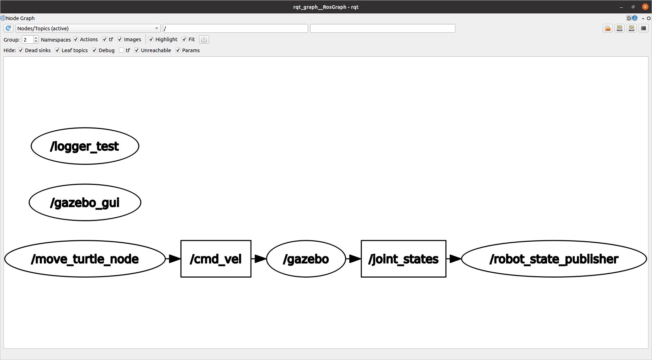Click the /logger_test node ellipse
point(85,146)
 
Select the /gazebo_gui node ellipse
point(85,203)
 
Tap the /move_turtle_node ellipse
point(85,259)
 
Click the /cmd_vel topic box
point(216,259)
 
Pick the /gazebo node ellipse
point(306,259)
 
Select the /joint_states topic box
point(403,259)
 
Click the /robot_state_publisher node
point(554,259)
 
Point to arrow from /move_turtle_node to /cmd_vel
point(173,259)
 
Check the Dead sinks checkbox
point(21,50)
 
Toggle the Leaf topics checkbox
point(57,50)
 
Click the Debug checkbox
point(94,50)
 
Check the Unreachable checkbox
point(137,50)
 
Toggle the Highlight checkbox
point(151,39)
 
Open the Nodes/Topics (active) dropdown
point(88,29)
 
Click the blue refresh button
point(8,28)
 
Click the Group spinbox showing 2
point(27,39)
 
